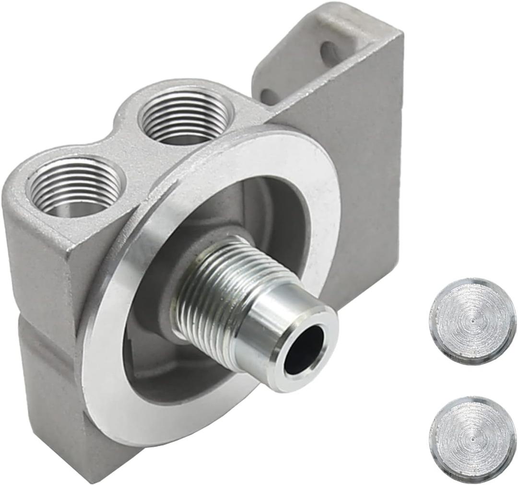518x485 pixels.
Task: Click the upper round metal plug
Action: tap(472, 320)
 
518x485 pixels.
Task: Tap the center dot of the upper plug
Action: tap(472, 319)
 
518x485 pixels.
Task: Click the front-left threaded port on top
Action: tap(74, 187)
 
